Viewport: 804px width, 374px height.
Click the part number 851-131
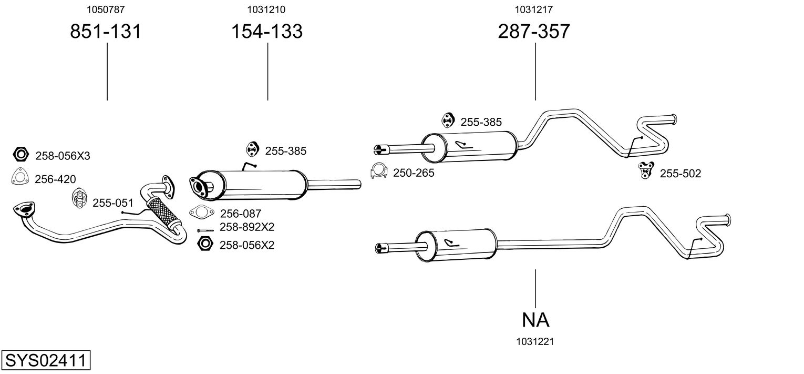106,32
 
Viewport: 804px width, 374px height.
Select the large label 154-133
267,32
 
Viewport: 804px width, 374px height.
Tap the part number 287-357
534,32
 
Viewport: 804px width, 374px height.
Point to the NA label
535,319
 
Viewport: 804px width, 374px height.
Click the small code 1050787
106,9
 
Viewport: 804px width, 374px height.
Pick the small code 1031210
267,9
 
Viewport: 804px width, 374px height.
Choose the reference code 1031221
535,342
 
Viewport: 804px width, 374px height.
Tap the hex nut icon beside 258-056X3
21,155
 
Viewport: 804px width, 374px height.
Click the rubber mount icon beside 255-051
79,198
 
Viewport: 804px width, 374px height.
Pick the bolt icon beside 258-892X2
205,230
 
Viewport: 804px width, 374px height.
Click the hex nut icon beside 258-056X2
205,244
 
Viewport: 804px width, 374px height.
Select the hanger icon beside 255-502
646,170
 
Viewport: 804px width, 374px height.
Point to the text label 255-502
680,174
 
